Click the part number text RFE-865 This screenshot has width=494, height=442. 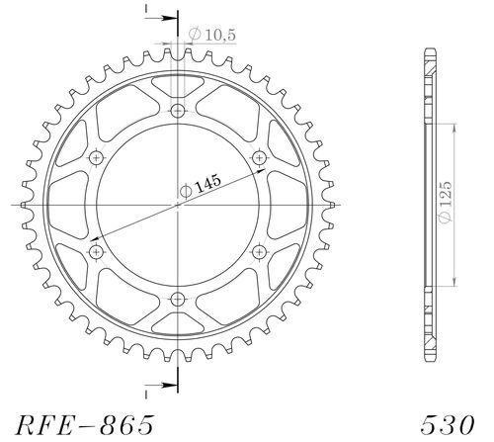(x=85, y=425)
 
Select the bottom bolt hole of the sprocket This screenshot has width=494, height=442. (x=179, y=300)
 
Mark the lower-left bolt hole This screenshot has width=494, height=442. (x=96, y=252)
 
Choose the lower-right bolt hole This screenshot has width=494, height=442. (x=261, y=252)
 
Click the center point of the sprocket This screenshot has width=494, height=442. (x=179, y=205)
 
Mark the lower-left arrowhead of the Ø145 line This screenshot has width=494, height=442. (x=94, y=238)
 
